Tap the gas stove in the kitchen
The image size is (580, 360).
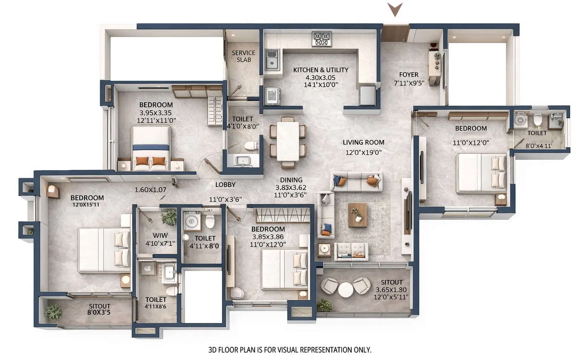pyautogui.click(x=322, y=39)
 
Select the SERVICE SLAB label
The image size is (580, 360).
pyautogui.click(x=244, y=56)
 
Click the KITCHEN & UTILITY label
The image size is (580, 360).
pyautogui.click(x=321, y=70)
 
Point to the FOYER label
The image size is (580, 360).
pyautogui.click(x=409, y=75)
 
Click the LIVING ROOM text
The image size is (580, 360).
pyautogui.click(x=363, y=142)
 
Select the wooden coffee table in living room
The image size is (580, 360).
pyautogui.click(x=357, y=215)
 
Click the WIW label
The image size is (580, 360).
pyautogui.click(x=160, y=235)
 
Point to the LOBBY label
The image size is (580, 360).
pyautogui.click(x=225, y=185)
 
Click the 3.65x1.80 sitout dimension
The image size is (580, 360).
pyautogui.click(x=391, y=290)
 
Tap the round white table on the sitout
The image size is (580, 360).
pyautogui.click(x=346, y=290)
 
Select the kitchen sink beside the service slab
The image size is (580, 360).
pyautogui.click(x=272, y=60)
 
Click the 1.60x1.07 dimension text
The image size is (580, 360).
pyautogui.click(x=150, y=190)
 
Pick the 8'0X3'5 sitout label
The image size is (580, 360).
pyautogui.click(x=99, y=312)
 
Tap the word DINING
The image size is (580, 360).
pyautogui.click(x=291, y=180)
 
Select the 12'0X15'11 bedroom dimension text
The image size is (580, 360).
pyautogui.click(x=86, y=205)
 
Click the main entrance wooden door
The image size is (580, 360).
pyautogui.click(x=394, y=33)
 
